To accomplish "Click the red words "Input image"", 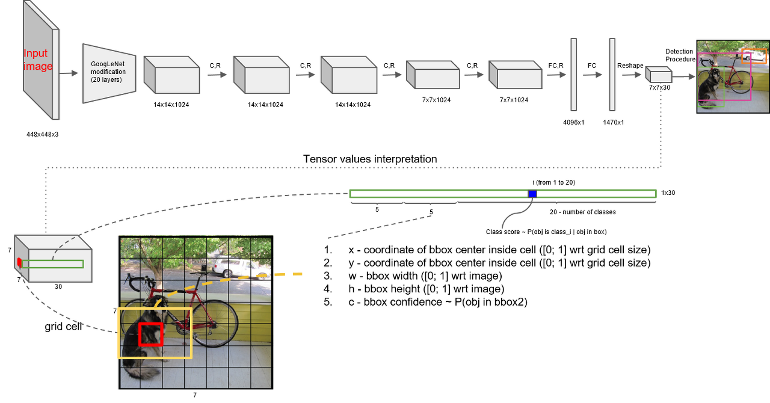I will pyautogui.click(x=37, y=60).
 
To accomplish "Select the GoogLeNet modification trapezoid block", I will pyautogui.click(x=108, y=73).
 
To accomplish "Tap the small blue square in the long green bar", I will pyautogui.click(x=532, y=194).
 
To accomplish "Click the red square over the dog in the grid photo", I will pyautogui.click(x=150, y=334).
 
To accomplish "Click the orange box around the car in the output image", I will pyautogui.click(x=754, y=56).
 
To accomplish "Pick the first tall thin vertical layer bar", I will pyautogui.click(x=574, y=75).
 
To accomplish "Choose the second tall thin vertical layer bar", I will pyautogui.click(x=612, y=75).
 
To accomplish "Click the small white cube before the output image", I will pyautogui.click(x=659, y=75).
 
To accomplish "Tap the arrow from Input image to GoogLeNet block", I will pyautogui.click(x=71, y=73).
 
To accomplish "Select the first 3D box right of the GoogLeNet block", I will pyautogui.click(x=171, y=75).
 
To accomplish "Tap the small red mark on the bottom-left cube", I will pyautogui.click(x=19, y=263).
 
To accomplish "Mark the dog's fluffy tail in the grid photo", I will pyautogui.click(x=141, y=373).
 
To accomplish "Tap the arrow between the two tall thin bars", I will pyautogui.click(x=593, y=75).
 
